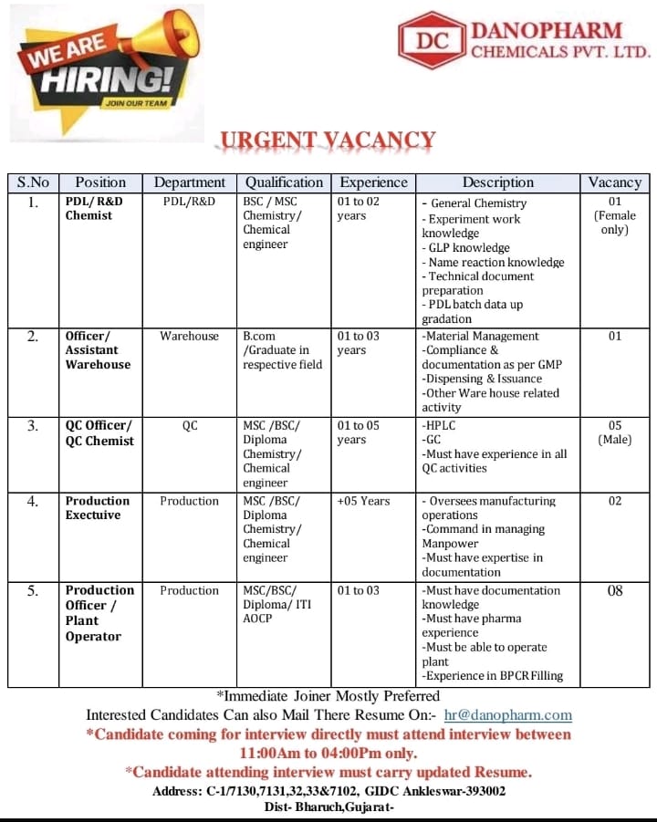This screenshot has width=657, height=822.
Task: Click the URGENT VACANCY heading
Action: pos(326,140)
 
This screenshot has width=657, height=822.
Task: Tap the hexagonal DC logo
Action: pos(433,41)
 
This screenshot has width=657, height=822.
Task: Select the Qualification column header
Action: pos(284,182)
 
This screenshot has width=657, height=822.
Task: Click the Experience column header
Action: pos(372,182)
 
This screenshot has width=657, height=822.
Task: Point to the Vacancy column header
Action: pos(614,182)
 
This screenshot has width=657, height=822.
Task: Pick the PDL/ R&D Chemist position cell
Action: pos(94,209)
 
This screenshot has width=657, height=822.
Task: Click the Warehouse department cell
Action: pos(189,336)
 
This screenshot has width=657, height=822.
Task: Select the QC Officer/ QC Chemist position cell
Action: pos(99,432)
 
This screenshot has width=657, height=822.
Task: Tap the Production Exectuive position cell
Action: pos(98,507)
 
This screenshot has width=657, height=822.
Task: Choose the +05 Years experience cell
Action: pos(363,501)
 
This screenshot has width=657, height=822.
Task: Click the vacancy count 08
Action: pos(615,590)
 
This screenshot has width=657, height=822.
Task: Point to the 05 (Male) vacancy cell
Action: pos(615,432)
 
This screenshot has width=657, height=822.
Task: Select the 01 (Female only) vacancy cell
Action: pos(615,215)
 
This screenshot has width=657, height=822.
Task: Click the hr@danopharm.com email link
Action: pos(507,715)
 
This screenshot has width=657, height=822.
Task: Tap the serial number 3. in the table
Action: pos(33,425)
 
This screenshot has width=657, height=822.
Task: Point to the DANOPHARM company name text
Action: pos(547,31)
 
